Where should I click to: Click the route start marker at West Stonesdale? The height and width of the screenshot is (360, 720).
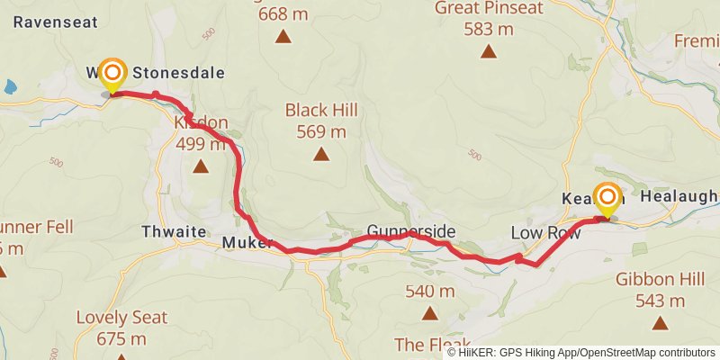(x=112, y=74)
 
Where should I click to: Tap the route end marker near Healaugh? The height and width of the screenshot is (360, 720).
(x=607, y=200)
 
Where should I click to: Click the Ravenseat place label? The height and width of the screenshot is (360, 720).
(x=48, y=22)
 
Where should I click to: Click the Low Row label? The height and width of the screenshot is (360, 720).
(x=544, y=233)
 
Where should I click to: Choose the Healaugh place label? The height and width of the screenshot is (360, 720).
(x=679, y=196)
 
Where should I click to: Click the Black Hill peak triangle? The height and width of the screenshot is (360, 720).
(x=321, y=154)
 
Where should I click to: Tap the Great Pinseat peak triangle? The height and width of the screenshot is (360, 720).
(x=489, y=51)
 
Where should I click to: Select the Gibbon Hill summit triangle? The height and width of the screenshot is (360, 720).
(x=660, y=322)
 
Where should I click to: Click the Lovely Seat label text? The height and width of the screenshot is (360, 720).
(x=121, y=317)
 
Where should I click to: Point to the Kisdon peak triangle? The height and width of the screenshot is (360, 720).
(x=200, y=166)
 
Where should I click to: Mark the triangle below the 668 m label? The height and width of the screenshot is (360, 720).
(x=283, y=37)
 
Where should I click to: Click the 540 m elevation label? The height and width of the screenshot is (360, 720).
(x=430, y=291)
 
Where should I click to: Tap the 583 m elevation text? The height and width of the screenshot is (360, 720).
(x=489, y=29)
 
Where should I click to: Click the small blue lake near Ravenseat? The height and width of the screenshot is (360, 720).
(x=9, y=87)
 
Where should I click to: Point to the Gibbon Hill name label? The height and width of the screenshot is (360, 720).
(x=660, y=279)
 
